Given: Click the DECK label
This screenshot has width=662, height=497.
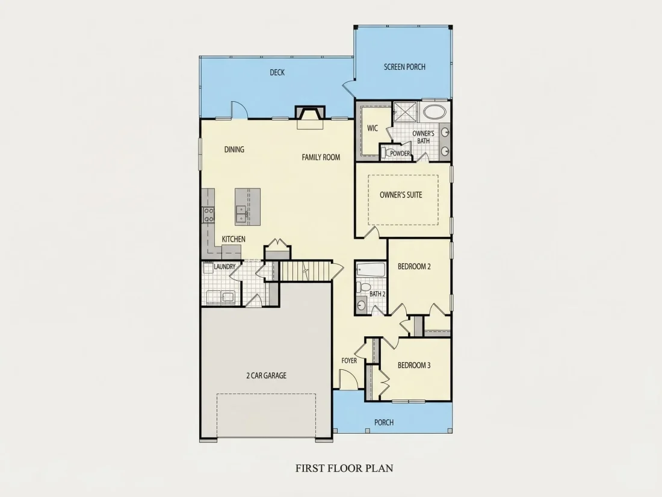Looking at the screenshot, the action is [x=277, y=73].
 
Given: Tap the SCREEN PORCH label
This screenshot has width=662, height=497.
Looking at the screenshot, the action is [x=404, y=67].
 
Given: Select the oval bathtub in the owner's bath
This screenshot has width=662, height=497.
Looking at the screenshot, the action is [x=435, y=112].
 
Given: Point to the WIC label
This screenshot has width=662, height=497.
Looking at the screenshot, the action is [x=373, y=128].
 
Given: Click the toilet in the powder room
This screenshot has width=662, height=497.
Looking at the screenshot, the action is [x=385, y=152].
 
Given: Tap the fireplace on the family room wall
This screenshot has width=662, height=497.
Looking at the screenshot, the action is [x=311, y=116].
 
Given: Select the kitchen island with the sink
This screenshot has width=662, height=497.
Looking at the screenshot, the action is [x=247, y=207].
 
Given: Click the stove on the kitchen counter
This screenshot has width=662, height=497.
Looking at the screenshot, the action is [x=208, y=214].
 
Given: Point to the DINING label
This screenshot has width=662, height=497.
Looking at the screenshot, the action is [x=234, y=149].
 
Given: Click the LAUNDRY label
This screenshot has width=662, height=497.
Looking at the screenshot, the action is [x=224, y=267].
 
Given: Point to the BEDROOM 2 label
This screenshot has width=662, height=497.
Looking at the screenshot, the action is [x=414, y=267].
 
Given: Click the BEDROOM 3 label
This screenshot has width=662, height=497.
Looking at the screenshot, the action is [x=414, y=365].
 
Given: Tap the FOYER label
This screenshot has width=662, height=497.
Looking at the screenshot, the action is [x=349, y=360].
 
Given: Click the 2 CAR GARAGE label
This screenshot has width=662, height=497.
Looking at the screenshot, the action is [x=266, y=375].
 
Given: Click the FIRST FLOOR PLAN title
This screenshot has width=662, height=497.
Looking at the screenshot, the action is [x=344, y=468].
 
